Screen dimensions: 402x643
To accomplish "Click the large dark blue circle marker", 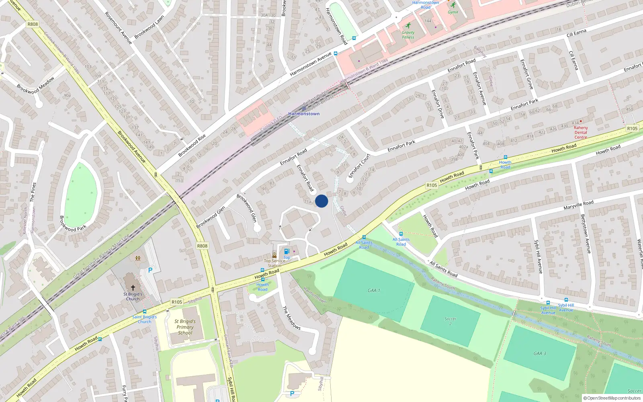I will pos(321,201).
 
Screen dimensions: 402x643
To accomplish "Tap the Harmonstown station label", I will pos(304,114).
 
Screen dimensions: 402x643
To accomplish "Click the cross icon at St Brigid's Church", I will pos(133,288).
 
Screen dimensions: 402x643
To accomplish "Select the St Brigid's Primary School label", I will pos(185,327).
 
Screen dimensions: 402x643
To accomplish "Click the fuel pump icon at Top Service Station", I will pos(287,252).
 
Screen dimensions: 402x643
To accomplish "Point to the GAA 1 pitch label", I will pos(374,290).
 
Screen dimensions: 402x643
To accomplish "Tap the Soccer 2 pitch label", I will pos(451,321).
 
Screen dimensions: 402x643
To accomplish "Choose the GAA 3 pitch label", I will pos(540,353).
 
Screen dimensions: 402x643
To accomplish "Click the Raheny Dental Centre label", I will pos(581,132).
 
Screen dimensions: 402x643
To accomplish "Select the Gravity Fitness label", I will pos(408,35).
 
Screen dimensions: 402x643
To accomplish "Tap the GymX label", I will pos(453,12).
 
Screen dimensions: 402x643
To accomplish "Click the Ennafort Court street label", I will pos(359,165).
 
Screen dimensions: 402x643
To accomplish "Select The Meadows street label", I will pos(291,318).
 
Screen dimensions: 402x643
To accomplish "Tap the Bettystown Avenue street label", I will pos(586,234).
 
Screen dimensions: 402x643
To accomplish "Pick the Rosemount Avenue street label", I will pos(118,28).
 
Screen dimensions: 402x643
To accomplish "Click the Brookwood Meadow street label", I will pos(35,86).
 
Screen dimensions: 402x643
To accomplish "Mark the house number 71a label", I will pos(308,202).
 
